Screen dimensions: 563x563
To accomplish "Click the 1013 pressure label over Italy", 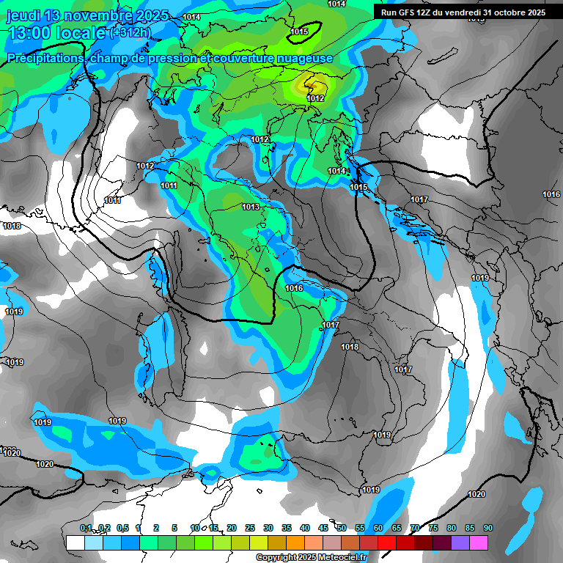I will click(x=251, y=207).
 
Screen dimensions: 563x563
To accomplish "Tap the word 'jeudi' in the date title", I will click(x=23, y=15).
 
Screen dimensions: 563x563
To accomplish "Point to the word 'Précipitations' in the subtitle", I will click(x=44, y=58).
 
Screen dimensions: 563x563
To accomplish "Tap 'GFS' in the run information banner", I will click(x=407, y=12).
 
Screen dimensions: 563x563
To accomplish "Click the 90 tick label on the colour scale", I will click(x=488, y=528).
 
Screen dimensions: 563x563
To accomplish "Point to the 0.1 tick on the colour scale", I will click(x=86, y=528).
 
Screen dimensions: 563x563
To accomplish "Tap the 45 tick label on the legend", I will click(x=323, y=528).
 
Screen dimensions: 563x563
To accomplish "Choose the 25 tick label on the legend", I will click(x=250, y=528).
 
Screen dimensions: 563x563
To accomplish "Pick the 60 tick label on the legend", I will click(x=378, y=528).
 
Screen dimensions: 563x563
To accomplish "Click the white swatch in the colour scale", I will click(x=75, y=542).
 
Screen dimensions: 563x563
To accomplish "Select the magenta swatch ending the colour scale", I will click(x=479, y=542).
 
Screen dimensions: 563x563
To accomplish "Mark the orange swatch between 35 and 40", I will click(x=295, y=542).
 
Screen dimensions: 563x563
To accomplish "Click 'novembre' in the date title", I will click(x=100, y=15).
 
